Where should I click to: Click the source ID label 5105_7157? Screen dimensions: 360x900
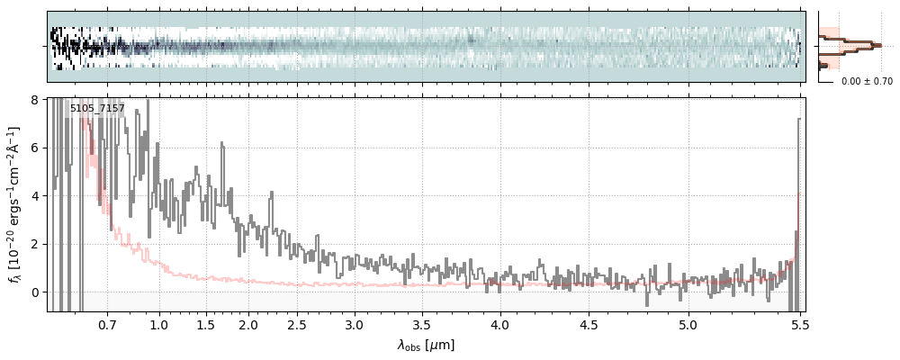click(97, 109)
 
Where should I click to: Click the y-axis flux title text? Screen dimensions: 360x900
click(15, 204)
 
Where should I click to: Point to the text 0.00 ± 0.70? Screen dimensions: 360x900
click(867, 81)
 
